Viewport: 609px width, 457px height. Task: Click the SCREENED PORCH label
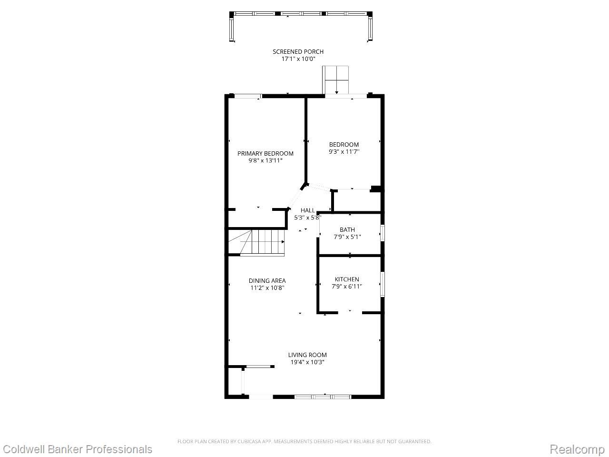point(298,51)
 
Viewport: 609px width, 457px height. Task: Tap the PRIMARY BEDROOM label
point(265,153)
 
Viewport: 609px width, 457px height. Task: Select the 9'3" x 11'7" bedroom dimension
point(344,152)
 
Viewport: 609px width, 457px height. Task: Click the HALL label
point(308,210)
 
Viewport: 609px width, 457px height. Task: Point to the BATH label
point(347,229)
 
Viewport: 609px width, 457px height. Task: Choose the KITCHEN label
point(347,279)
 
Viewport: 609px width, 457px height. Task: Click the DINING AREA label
point(267,280)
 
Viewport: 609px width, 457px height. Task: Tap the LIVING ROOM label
point(307,355)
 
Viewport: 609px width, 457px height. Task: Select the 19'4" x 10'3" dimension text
point(307,362)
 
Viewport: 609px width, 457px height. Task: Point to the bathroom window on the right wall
point(383,232)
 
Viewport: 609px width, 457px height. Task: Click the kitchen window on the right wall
point(383,284)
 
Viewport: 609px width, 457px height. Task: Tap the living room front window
point(323,397)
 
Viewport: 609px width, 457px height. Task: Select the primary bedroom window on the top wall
point(248,96)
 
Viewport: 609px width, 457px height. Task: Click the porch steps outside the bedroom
point(335,80)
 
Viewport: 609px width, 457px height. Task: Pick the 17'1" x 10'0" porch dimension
point(298,59)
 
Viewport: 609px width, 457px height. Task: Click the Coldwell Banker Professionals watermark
point(78,449)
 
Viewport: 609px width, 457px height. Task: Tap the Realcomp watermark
point(577,449)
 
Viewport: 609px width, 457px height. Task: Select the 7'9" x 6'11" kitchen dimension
point(347,287)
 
